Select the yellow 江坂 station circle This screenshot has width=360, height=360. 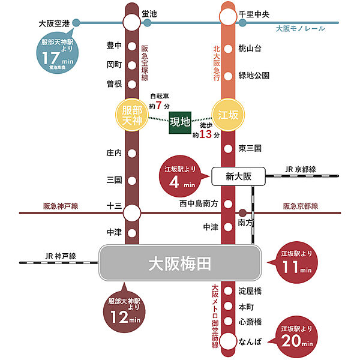(x=227, y=114)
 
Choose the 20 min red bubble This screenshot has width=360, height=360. (x=295, y=337)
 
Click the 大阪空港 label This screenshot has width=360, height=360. (x=54, y=24)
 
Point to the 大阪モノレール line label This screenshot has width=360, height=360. (x=301, y=29)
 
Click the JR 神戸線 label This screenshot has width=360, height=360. (x=61, y=256)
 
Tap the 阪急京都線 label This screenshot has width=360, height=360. (x=300, y=206)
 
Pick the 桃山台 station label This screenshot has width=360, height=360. (x=250, y=48)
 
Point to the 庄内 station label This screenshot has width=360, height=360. (x=114, y=152)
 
